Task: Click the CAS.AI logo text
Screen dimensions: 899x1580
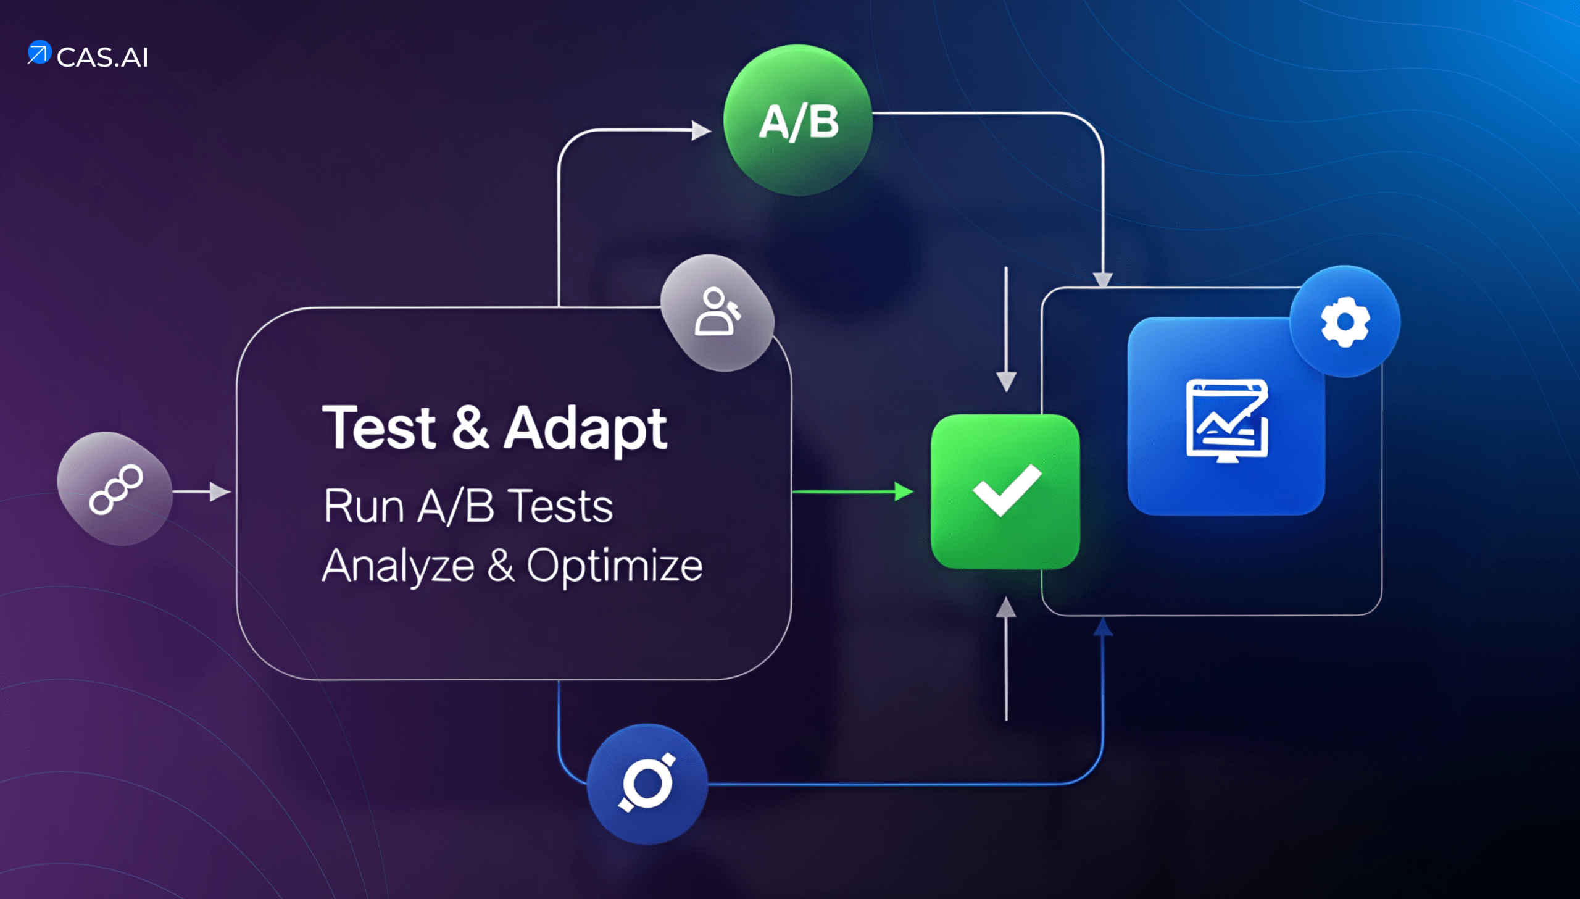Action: (102, 57)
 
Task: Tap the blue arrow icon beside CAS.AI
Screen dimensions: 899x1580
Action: (39, 52)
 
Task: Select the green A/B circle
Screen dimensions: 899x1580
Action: (798, 120)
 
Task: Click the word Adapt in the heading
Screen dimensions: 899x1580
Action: (585, 429)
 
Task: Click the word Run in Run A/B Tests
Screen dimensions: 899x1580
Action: (364, 506)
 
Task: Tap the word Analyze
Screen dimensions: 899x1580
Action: (399, 566)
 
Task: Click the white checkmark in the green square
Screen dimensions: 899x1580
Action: (1007, 489)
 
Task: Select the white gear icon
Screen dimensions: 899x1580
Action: (1345, 321)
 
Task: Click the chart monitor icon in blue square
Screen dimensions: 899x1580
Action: (1227, 420)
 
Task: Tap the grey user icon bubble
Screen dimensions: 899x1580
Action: (717, 312)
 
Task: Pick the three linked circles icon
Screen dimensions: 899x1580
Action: (115, 490)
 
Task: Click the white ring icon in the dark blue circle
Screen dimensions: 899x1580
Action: (647, 783)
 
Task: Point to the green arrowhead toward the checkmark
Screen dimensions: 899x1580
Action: (904, 491)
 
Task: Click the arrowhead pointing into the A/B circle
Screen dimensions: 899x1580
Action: (701, 130)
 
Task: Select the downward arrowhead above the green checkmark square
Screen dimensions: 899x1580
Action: (1007, 381)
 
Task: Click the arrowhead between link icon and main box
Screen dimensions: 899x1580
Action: (220, 491)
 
